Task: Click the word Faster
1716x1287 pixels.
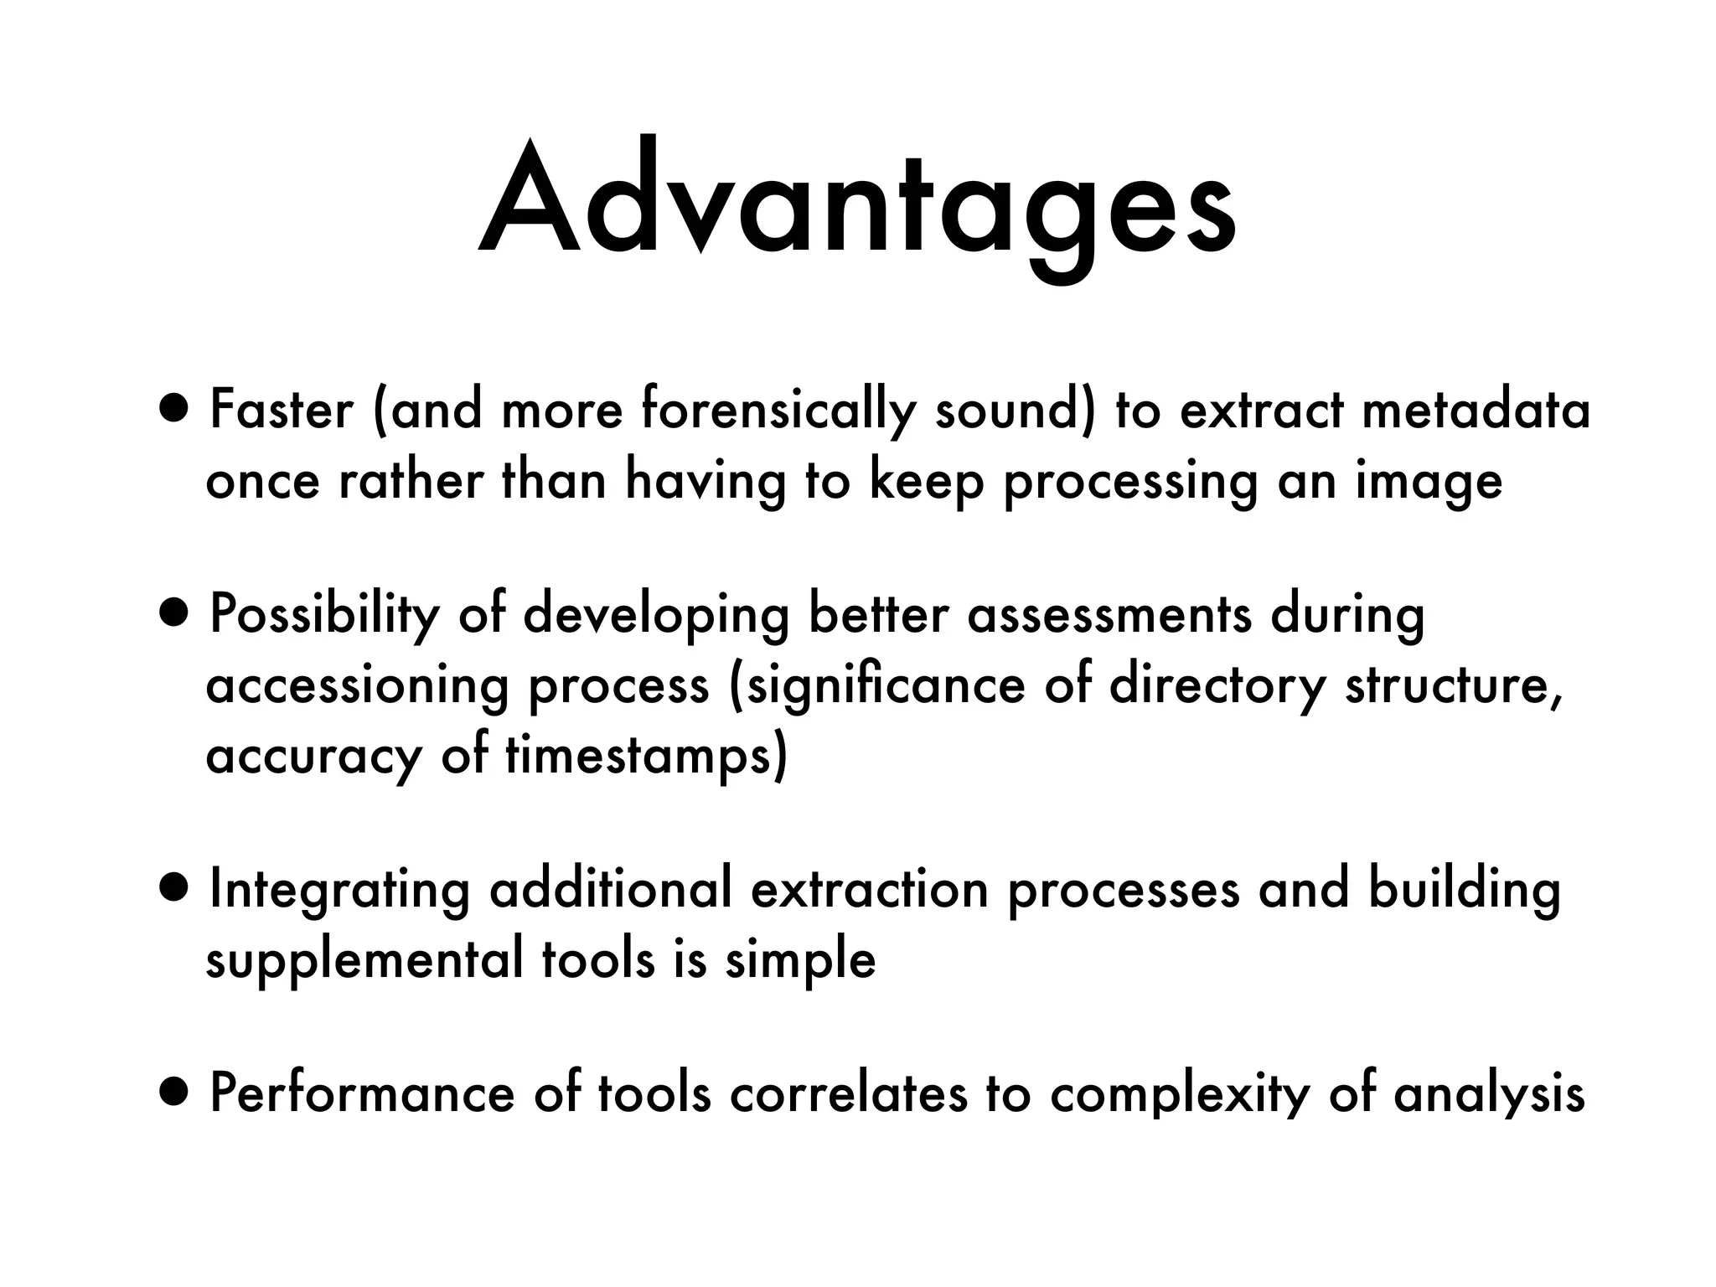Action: point(282,411)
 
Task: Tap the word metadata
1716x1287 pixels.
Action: point(1476,411)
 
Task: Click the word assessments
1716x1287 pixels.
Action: point(1109,614)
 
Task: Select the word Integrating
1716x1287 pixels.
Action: point(339,891)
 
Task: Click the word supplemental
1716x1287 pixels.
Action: point(364,961)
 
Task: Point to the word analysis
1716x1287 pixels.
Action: point(1489,1095)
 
